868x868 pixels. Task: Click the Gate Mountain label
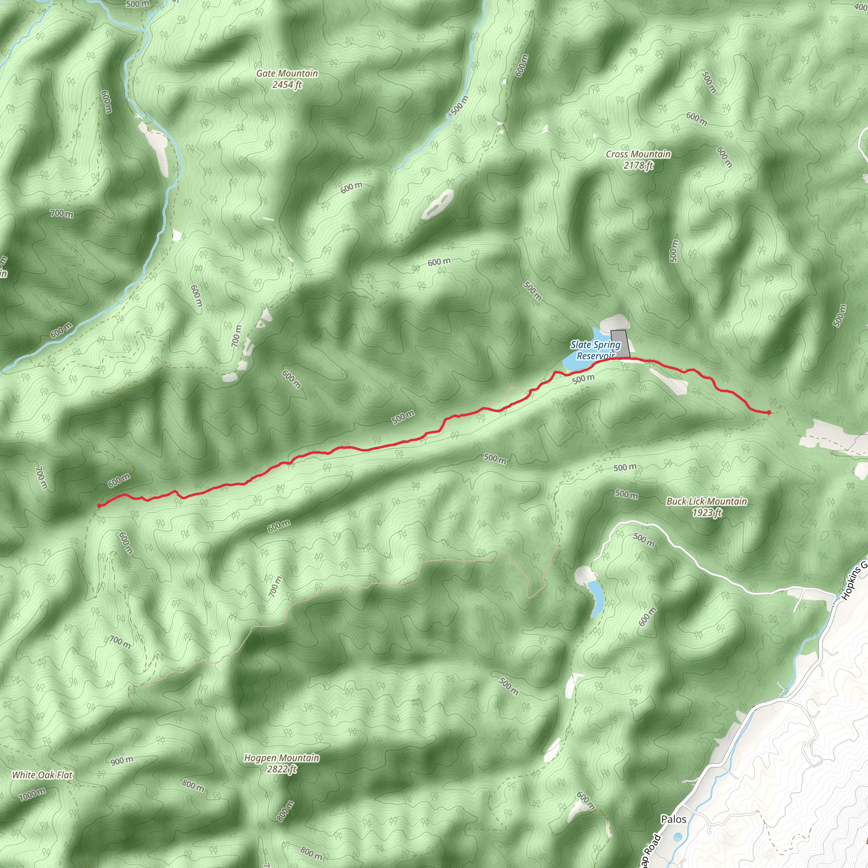[287, 73]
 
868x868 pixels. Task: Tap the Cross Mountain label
[638, 154]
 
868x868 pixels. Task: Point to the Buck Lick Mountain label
[707, 501]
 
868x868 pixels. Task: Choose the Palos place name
[673, 819]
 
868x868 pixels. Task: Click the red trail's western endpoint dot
[99, 506]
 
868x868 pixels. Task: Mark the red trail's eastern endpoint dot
[769, 412]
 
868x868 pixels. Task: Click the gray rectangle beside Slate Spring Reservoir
[620, 344]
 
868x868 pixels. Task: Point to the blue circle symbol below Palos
[678, 837]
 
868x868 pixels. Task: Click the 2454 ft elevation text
[287, 84]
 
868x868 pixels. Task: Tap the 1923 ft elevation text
[707, 513]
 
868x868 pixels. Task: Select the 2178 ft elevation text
[638, 165]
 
